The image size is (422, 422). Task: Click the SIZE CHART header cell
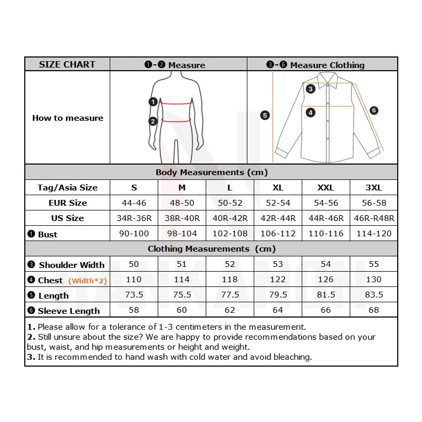coord(67,64)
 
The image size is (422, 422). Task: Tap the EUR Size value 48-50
coord(181,203)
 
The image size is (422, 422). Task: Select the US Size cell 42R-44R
coord(278,218)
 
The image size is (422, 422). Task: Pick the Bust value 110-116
coord(326,233)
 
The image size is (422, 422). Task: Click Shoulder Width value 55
coord(373,264)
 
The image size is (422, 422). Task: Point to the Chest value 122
coord(278,280)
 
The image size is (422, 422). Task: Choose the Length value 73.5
coord(134,295)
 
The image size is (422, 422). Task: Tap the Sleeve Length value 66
coord(326,310)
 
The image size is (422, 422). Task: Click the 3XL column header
coord(373,187)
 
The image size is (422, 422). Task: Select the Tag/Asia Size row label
coord(67,187)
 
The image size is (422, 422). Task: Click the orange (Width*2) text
coord(88,281)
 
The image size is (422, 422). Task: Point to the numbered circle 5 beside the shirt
coord(265,115)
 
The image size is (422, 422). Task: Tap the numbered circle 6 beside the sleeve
coord(373,110)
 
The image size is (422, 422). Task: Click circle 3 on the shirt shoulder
coord(311,89)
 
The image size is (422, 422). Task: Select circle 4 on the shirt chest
coord(311,112)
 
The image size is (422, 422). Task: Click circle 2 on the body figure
coord(153,121)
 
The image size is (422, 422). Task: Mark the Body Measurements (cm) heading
coord(212,172)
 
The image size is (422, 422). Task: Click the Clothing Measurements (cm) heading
coord(212,248)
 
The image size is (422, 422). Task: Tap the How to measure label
coord(68,118)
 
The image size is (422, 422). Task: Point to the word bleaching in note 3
coord(291,357)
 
